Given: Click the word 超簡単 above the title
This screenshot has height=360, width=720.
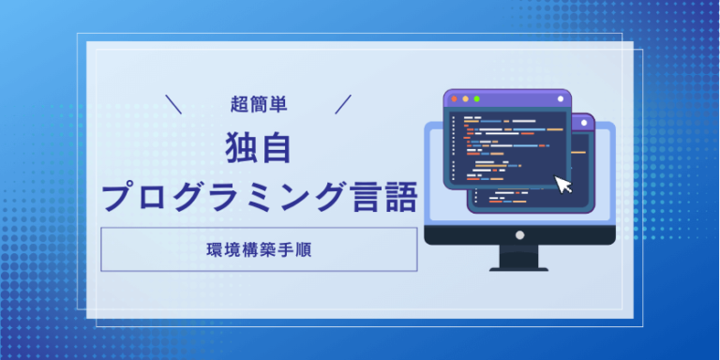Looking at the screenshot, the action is pyautogui.click(x=259, y=105).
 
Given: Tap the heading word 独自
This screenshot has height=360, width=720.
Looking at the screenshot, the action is pyautogui.click(x=259, y=148).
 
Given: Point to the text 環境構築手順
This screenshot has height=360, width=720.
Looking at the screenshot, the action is pyautogui.click(x=259, y=249).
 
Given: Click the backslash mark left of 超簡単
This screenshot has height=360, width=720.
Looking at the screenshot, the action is pyautogui.click(x=173, y=104).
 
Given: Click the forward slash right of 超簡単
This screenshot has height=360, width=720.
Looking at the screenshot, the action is pyautogui.click(x=343, y=104).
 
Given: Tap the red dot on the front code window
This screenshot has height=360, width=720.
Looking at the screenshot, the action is pyautogui.click(x=454, y=98).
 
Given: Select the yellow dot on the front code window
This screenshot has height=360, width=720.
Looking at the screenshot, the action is pyautogui.click(x=465, y=98).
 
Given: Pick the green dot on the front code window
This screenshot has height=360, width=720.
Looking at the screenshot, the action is pyautogui.click(x=476, y=98).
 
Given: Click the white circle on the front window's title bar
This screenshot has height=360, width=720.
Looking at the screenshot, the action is pyautogui.click(x=561, y=98).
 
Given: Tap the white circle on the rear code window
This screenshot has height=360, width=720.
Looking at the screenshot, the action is pyautogui.click(x=584, y=123).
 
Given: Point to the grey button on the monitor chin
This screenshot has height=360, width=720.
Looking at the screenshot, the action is pyautogui.click(x=519, y=235).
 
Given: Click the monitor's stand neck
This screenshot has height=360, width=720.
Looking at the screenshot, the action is pyautogui.click(x=518, y=256).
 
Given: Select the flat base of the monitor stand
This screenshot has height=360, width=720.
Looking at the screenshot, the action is pyautogui.click(x=518, y=270).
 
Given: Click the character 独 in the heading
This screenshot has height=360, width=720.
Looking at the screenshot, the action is pyautogui.click(x=242, y=148).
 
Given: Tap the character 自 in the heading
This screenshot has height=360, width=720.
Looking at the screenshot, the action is pyautogui.click(x=276, y=148).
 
